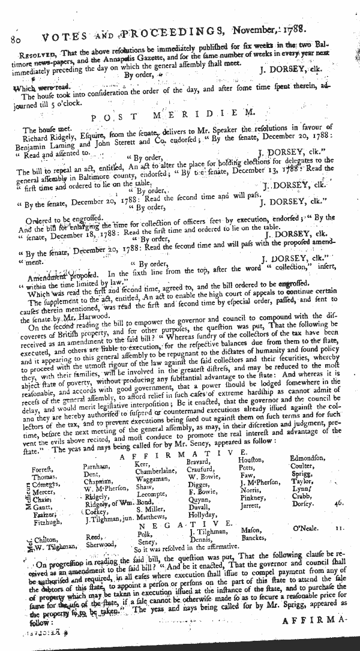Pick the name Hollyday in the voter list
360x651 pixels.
(201, 515)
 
